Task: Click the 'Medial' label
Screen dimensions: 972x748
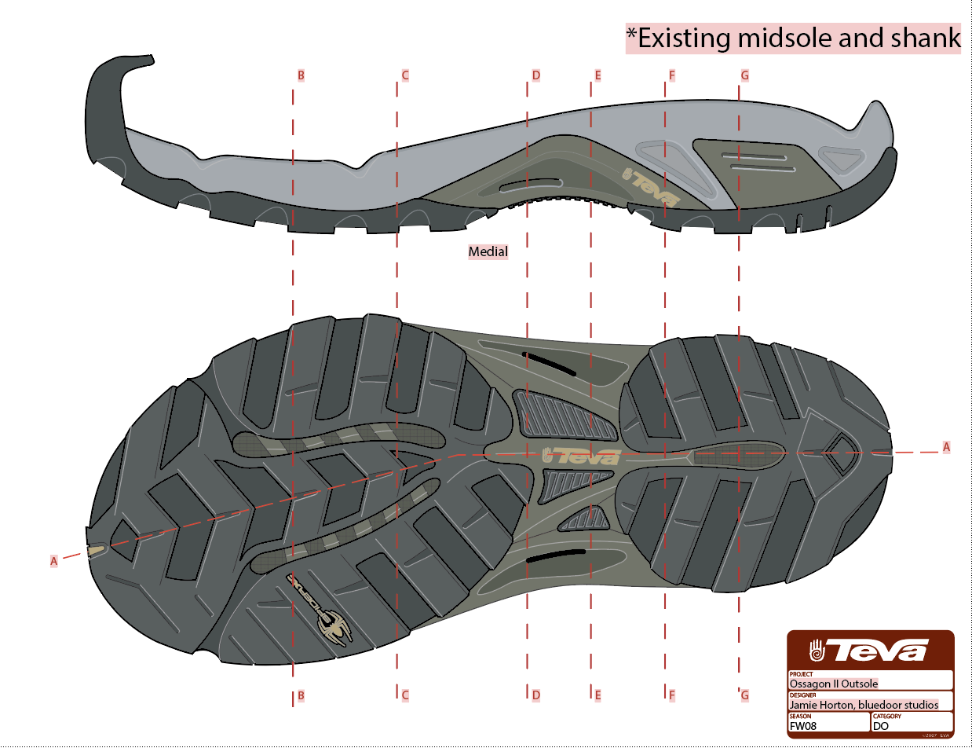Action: [488, 252]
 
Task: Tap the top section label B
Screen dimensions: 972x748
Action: [301, 76]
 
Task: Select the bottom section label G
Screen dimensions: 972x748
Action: [745, 695]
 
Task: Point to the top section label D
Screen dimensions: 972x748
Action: [536, 76]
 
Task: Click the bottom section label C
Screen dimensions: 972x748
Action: [405, 695]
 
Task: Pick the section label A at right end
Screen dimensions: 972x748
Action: [946, 447]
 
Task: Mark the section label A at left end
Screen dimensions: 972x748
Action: [54, 561]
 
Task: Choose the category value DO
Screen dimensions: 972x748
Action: [882, 727]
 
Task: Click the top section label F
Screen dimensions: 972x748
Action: [672, 76]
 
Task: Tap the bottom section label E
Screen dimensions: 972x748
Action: [597, 695]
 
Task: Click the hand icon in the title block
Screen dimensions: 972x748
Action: [817, 651]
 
